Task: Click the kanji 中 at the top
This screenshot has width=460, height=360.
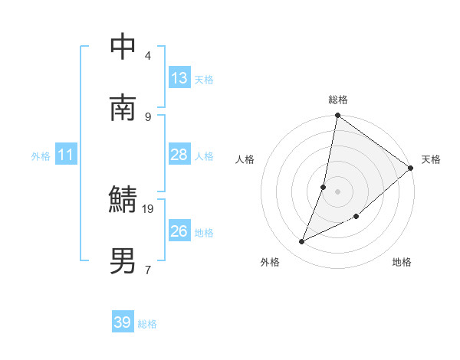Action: [x=123, y=47]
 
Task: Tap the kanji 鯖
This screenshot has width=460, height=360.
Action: [x=123, y=200]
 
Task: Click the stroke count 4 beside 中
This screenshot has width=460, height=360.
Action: [x=148, y=55]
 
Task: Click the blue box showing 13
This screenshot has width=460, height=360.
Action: [x=179, y=78]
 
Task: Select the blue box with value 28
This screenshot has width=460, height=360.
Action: [x=179, y=155]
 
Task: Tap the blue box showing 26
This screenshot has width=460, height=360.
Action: [x=179, y=231]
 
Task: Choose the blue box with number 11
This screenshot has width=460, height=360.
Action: [x=66, y=155]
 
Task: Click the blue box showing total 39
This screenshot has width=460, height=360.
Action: [x=123, y=322]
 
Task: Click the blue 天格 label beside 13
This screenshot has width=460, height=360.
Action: [x=204, y=80]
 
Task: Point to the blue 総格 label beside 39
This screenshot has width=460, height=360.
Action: [x=147, y=324]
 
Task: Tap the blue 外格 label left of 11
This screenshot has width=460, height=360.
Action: [x=41, y=156]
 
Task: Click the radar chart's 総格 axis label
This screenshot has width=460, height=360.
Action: [x=338, y=100]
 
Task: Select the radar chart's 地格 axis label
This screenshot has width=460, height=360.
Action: [x=402, y=262]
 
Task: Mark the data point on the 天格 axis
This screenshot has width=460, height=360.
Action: [x=411, y=169]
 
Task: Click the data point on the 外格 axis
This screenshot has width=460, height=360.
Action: [x=302, y=242]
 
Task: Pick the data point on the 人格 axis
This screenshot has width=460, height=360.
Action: [x=324, y=186]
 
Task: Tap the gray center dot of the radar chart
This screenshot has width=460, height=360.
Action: [x=338, y=191]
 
